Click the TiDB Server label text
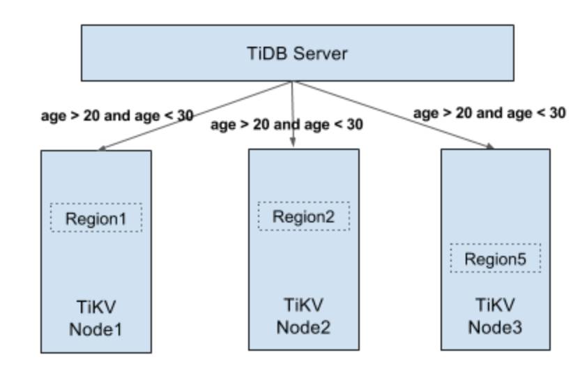pyautogui.click(x=298, y=54)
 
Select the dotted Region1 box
pyautogui.click(x=96, y=218)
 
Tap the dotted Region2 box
pyautogui.click(x=304, y=216)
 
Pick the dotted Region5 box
pyautogui.click(x=496, y=259)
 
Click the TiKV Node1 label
pyautogui.click(x=96, y=317)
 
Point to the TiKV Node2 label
pyautogui.click(x=304, y=315)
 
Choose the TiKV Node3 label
pyautogui.click(x=496, y=315)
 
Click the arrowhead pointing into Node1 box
pyautogui.click(x=102, y=148)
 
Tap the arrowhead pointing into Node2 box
pyautogui.click(x=293, y=143)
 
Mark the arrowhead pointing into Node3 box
pyautogui.click(x=489, y=146)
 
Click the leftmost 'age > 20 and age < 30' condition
pyautogui.click(x=117, y=116)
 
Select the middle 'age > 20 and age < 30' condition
pyautogui.click(x=287, y=125)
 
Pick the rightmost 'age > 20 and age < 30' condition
pyautogui.click(x=489, y=112)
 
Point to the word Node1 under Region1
pyautogui.click(x=96, y=328)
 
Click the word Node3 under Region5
pyautogui.click(x=496, y=326)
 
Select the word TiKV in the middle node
pyautogui.click(x=304, y=305)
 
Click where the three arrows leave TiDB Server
pyautogui.click(x=291, y=82)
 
